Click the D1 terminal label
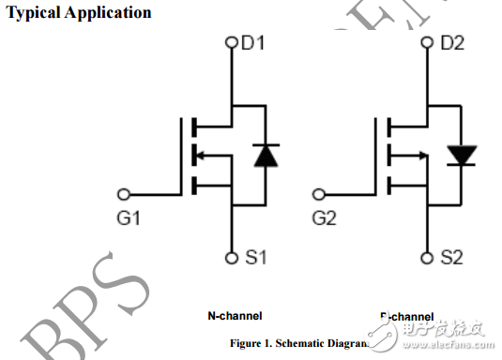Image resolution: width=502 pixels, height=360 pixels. [x=254, y=43]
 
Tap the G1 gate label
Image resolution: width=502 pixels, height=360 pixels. [x=129, y=218]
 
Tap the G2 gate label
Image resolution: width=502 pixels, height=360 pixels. [x=325, y=218]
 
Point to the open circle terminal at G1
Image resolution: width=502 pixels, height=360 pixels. [x=124, y=195]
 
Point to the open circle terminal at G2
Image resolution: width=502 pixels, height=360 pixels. [x=320, y=195]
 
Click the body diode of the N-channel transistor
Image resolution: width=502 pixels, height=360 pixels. [x=266, y=156]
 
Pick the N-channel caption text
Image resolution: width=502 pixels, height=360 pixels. [x=235, y=316]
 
